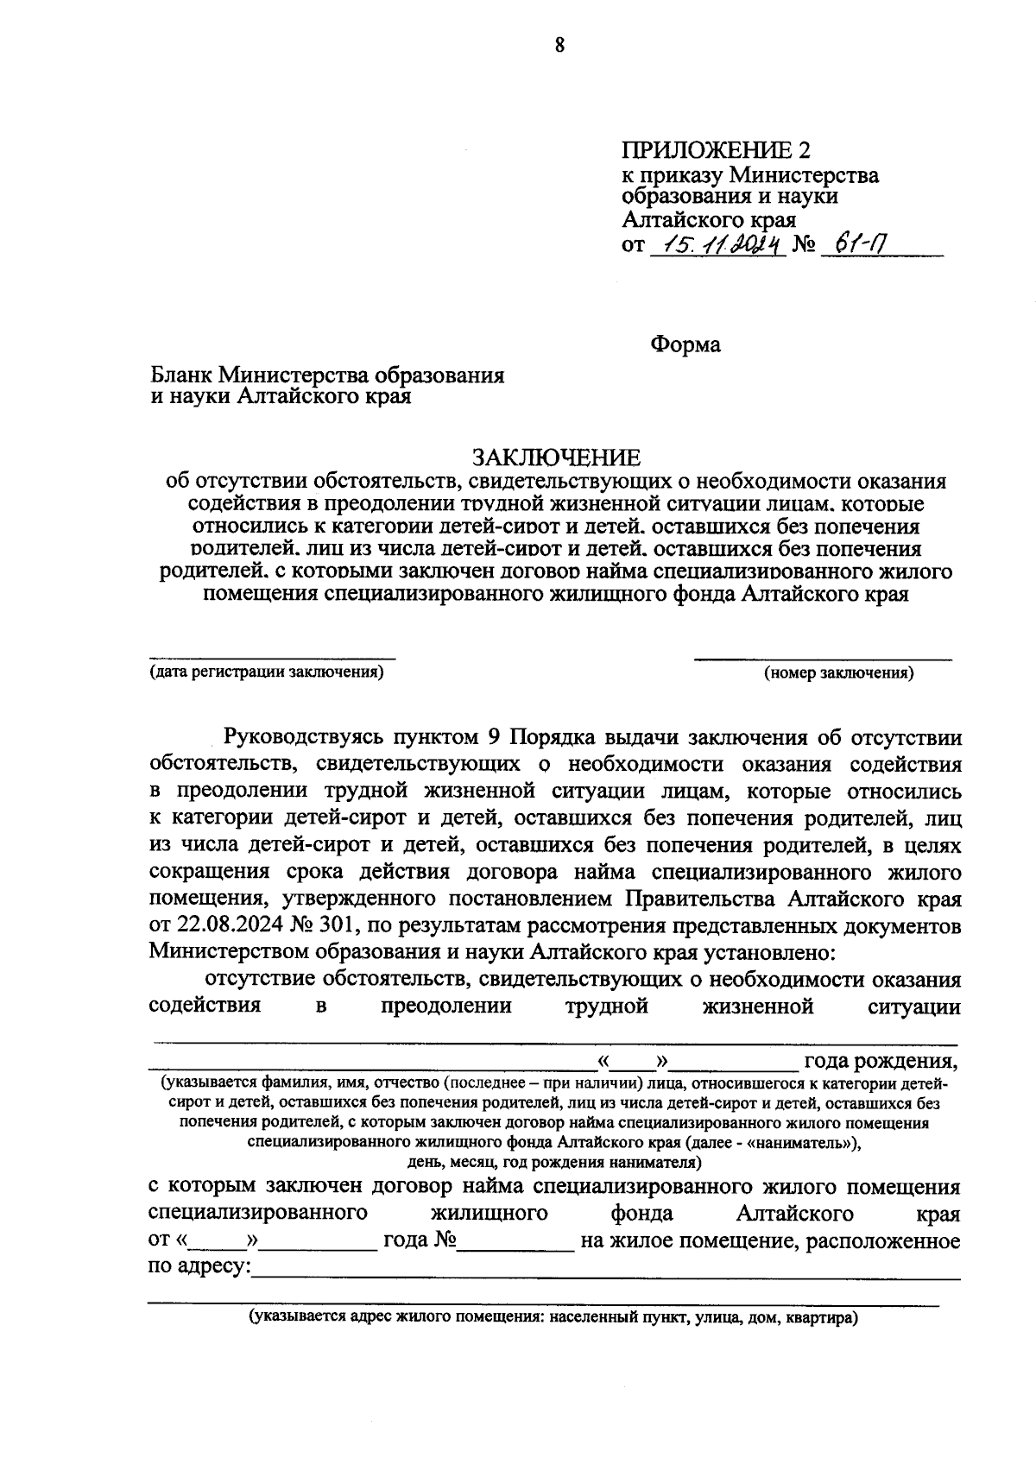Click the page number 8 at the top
pos(559,46)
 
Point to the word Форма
pos(685,344)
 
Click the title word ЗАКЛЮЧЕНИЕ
pos(556,457)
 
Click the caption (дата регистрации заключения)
pos(266,672)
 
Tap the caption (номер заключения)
pos(838,673)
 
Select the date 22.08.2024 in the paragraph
pos(227,926)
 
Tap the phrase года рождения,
pos(881,1061)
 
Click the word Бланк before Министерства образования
pos(181,375)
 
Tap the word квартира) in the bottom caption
pos(820,1318)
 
